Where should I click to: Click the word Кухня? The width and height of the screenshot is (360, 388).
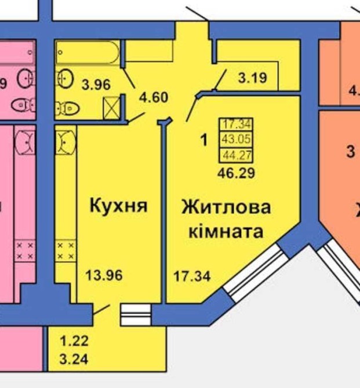[118, 206]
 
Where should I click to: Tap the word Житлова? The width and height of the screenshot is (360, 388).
[226, 207]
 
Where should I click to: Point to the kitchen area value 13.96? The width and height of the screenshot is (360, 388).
[104, 275]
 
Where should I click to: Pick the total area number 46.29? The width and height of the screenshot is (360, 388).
[236, 172]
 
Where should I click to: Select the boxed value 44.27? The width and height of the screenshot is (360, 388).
[236, 153]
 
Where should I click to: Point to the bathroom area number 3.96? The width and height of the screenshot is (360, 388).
[96, 84]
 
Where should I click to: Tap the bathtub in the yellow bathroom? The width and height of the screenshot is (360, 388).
[89, 54]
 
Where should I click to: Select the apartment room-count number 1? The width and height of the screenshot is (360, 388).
[203, 140]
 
